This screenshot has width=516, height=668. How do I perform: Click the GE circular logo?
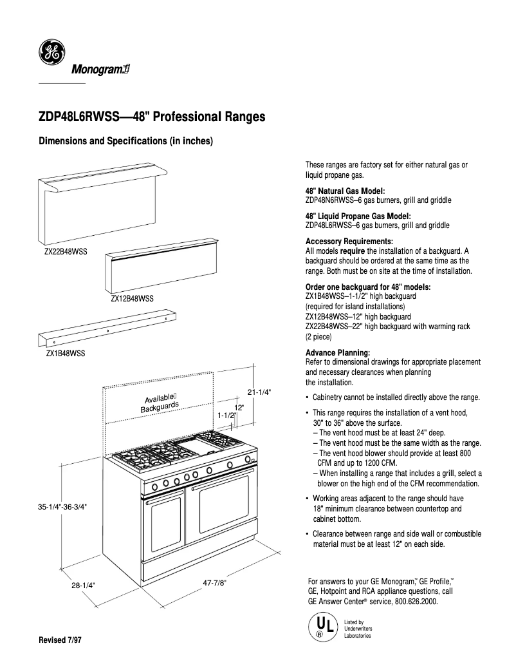click(51, 53)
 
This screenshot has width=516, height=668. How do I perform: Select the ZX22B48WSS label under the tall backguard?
click(66, 251)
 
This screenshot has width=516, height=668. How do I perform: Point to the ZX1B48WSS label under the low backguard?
click(65, 354)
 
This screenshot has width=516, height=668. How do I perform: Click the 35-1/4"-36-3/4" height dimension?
click(62, 507)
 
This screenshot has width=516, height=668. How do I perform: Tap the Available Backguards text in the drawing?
click(160, 402)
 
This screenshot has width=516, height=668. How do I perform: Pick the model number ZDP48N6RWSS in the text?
click(331, 200)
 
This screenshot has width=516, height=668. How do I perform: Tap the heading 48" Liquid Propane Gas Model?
click(358, 216)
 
